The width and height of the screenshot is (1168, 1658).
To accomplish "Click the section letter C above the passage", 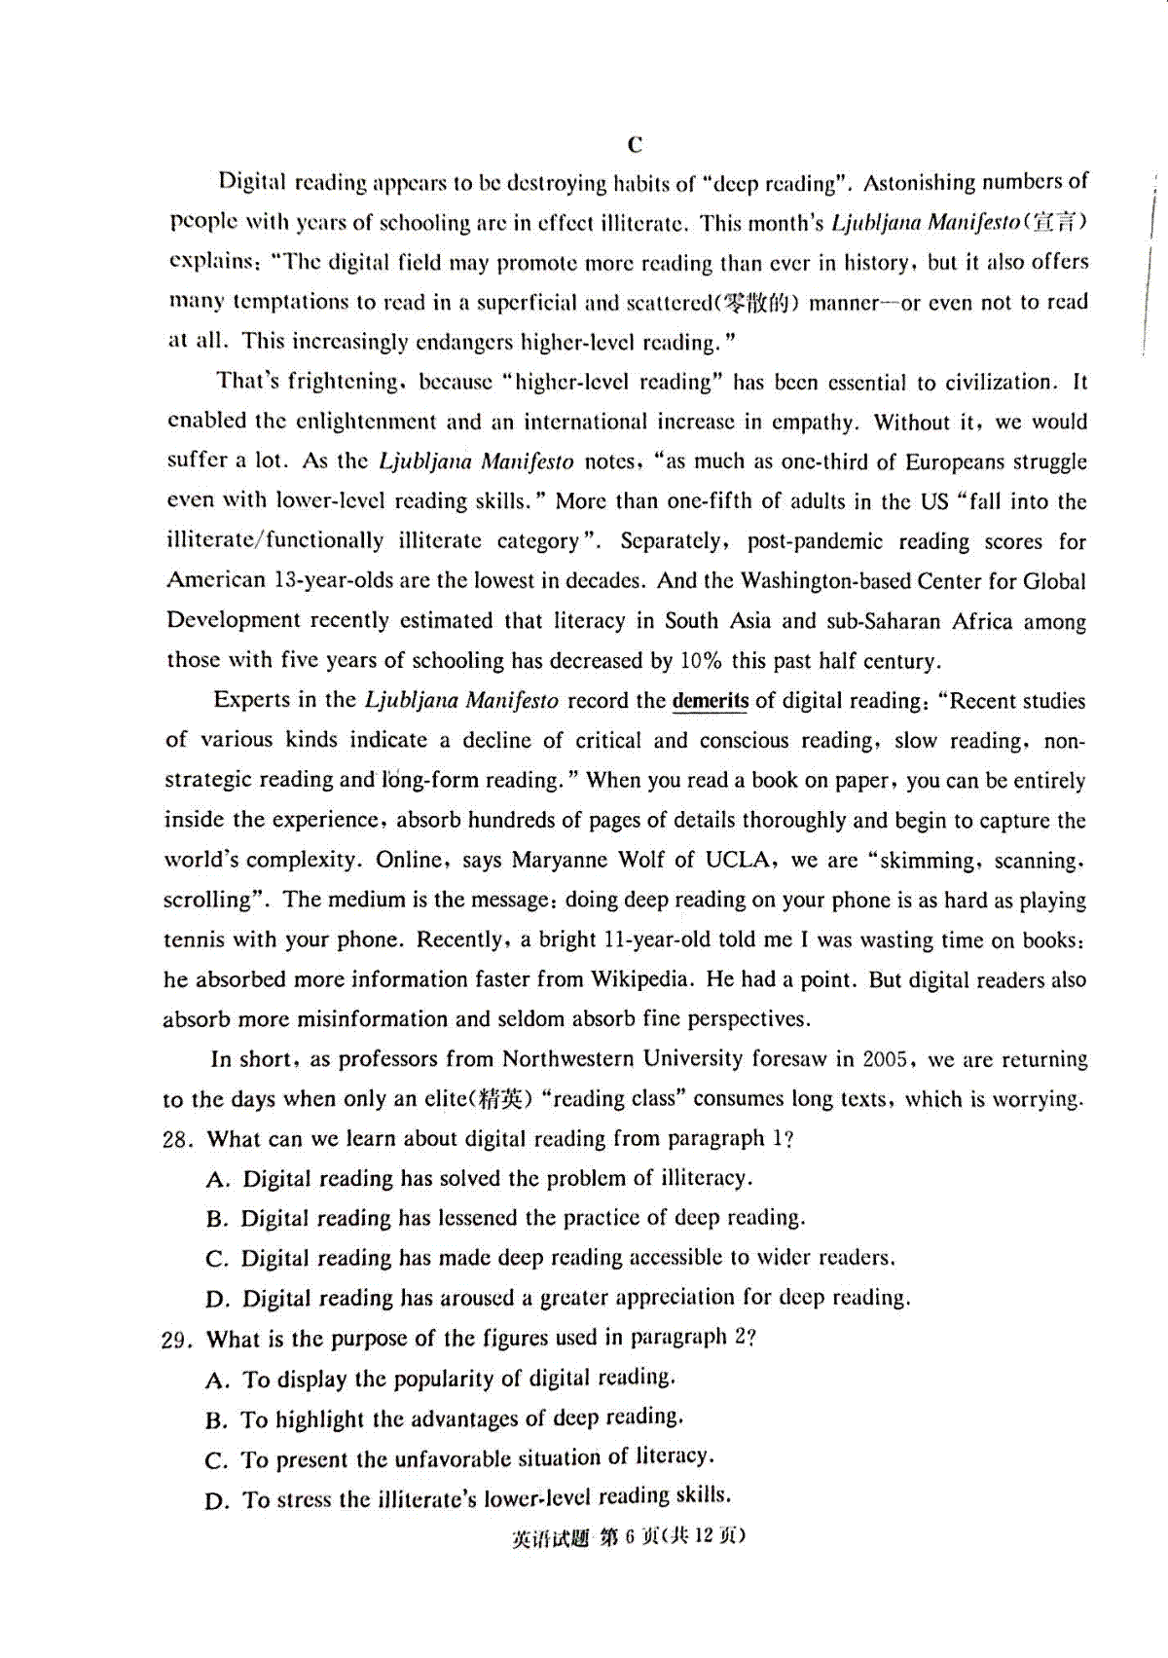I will click(x=635, y=145).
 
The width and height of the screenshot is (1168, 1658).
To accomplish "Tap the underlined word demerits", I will click(x=711, y=701).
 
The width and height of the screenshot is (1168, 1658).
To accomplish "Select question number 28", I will click(x=178, y=1139).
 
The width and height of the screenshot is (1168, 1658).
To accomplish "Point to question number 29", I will click(x=177, y=1340).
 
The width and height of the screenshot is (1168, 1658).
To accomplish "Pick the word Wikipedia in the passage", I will click(x=641, y=979).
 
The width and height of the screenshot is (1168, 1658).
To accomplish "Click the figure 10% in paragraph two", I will click(x=700, y=661).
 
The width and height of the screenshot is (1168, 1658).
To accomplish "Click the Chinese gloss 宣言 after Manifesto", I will click(x=1054, y=223).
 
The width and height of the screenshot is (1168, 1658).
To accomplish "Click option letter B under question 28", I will click(x=216, y=1219).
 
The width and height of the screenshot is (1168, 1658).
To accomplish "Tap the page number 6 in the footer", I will click(x=629, y=1536).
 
